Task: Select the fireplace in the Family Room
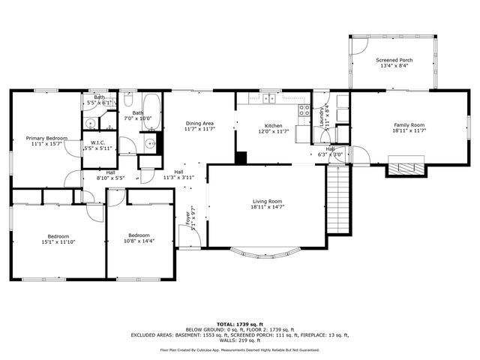click(406, 169)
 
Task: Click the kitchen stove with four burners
click(304, 112)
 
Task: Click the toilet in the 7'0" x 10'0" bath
click(128, 100)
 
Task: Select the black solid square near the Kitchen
click(241, 157)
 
